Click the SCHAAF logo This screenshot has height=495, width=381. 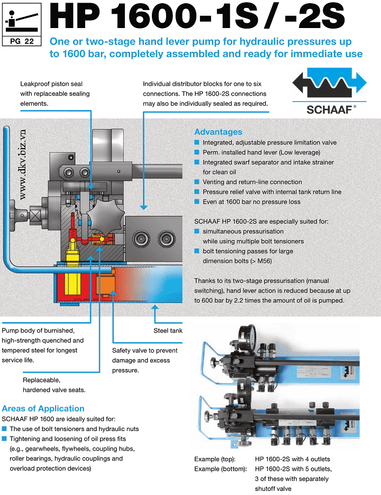click(330, 94)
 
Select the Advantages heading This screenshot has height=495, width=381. click(218, 132)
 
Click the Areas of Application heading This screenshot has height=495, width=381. click(43, 408)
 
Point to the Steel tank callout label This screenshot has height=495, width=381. click(168, 331)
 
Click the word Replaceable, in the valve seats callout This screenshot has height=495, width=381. click(41, 380)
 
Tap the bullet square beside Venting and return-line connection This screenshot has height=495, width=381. click(197, 182)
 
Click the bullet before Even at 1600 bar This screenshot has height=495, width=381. click(197, 201)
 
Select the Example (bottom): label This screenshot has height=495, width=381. click(220, 469)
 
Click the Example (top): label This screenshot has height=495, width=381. click(215, 459)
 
